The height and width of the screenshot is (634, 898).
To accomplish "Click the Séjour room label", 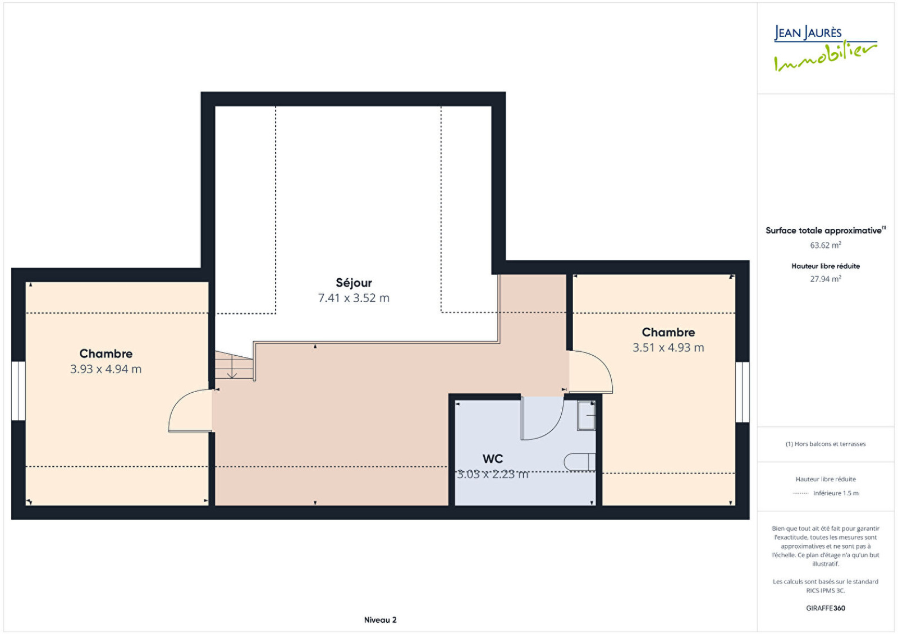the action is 354,283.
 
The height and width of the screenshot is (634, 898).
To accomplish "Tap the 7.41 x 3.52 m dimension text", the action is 354,298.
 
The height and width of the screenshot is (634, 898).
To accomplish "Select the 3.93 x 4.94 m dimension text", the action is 106,369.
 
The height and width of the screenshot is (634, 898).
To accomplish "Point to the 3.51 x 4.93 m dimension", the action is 668,348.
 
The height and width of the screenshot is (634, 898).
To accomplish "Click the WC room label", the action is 493,459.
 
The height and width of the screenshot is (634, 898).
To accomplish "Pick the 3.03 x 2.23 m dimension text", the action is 493,475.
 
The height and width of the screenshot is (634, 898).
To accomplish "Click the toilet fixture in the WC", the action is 580,462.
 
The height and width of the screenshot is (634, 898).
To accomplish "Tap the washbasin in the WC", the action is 586,416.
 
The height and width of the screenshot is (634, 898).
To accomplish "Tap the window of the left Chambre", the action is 19,391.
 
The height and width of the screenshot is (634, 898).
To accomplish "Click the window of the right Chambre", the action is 743,392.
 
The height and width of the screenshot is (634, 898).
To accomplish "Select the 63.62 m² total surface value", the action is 826,245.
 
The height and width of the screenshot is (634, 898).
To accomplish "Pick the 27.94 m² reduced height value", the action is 826,278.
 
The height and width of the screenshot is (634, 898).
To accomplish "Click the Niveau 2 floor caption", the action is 380,620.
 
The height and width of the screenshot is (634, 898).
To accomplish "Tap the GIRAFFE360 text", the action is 826,608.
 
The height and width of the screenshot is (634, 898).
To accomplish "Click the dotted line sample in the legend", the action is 800,493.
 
